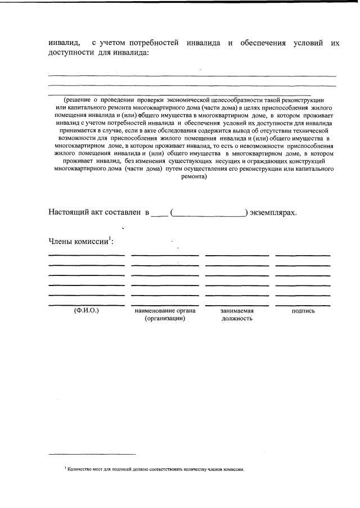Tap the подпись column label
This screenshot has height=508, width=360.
(x=303, y=311)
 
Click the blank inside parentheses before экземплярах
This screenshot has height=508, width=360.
(x=209, y=213)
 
